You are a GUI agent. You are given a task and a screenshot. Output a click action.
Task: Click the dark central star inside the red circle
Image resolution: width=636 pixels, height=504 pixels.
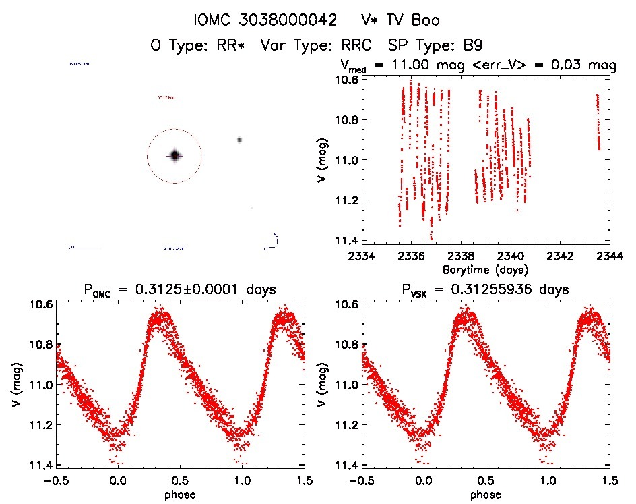174,156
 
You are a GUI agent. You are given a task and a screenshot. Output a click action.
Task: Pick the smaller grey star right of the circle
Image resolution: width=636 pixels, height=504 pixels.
239,140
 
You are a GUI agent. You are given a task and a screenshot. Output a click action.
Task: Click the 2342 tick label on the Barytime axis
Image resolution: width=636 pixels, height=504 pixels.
561,256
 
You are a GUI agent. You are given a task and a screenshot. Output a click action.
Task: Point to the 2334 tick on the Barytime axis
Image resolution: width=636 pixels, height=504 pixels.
361,256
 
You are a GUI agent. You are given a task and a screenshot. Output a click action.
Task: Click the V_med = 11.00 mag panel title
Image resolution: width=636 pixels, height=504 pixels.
477,66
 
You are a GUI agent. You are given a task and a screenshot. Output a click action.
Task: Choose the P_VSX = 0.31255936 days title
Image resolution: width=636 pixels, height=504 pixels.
485,290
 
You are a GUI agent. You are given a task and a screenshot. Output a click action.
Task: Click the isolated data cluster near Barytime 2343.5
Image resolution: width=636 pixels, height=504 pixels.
598,121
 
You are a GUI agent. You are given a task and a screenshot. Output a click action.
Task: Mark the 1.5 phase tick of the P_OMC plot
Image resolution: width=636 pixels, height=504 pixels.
304,481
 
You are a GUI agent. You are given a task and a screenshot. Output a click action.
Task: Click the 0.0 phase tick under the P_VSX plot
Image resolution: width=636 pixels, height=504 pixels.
424,481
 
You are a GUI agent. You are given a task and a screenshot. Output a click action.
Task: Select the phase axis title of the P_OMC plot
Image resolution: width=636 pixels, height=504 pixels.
179,494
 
